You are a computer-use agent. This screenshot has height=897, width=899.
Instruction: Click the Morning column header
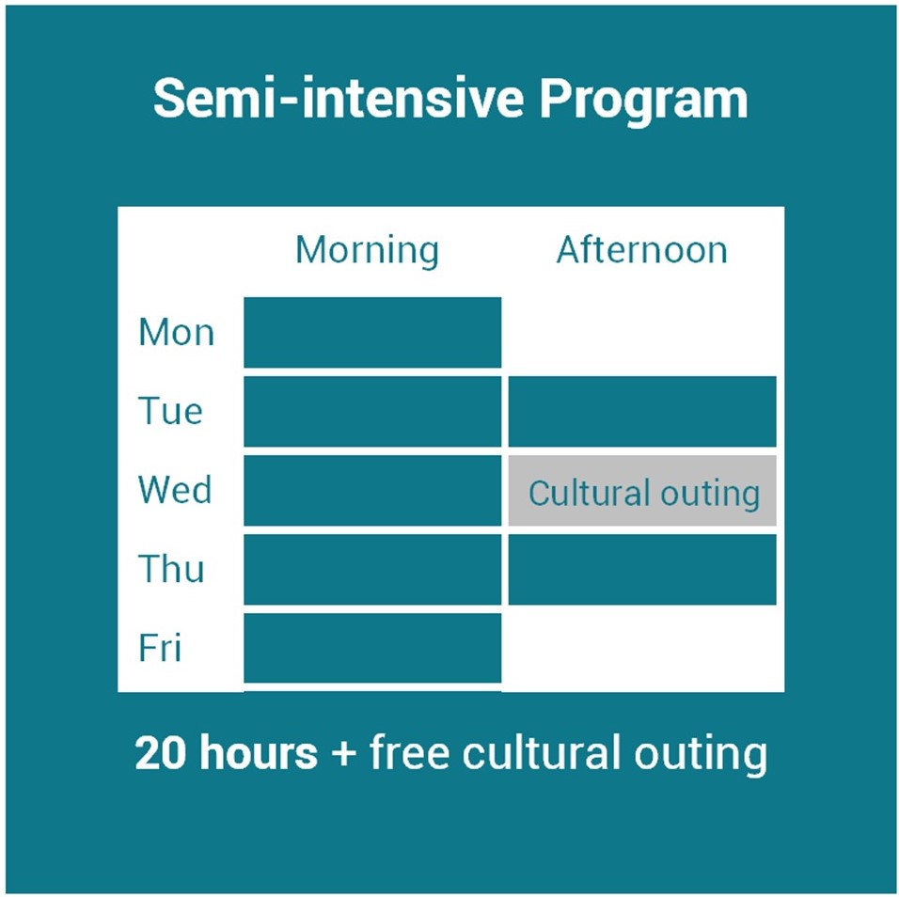pos(367,251)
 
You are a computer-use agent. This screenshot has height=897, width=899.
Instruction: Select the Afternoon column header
pos(642,250)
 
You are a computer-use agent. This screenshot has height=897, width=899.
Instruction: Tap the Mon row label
pos(176,333)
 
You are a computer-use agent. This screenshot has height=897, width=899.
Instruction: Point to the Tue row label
pos(170,411)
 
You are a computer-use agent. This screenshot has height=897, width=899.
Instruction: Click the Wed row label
pos(175,490)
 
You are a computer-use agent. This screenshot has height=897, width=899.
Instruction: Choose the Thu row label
pos(171,569)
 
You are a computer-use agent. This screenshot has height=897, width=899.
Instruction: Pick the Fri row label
pos(159,648)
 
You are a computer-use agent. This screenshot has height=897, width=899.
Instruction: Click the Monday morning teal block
pos(372,333)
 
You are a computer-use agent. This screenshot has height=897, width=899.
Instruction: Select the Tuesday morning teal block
pos(372,412)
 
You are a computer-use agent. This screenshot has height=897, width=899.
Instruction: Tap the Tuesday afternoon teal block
pos(642,412)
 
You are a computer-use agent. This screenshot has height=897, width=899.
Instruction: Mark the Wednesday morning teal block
pos(372,491)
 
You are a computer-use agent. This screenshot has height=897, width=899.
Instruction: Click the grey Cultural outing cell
pos(642,491)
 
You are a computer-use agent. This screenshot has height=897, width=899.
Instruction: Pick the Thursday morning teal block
pos(372,570)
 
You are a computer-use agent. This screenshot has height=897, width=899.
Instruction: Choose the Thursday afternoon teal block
pos(642,570)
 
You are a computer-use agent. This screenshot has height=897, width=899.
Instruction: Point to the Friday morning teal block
pos(372,648)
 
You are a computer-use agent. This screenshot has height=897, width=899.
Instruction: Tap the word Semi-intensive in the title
pos(339,99)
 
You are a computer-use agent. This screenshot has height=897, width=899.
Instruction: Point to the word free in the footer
pos(409,751)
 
